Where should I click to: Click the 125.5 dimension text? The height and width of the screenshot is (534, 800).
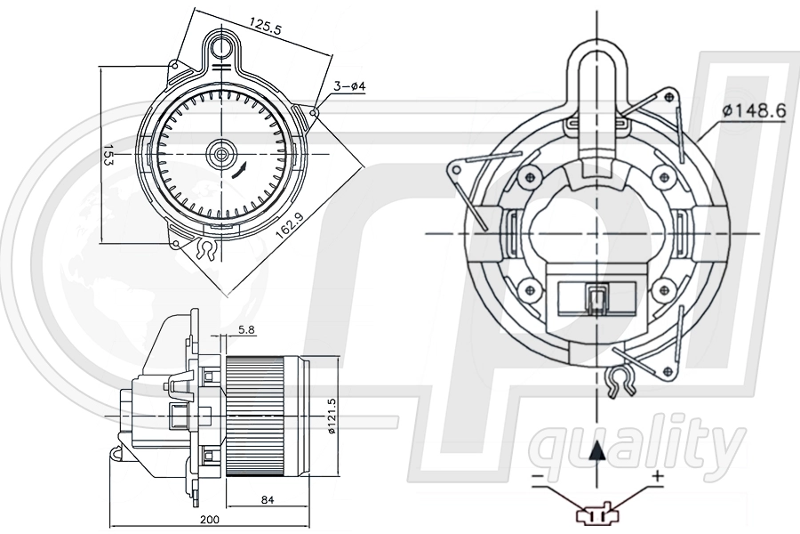coord(265,28)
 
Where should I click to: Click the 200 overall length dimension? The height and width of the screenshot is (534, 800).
coord(210,520)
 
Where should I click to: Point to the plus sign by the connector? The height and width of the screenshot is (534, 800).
coord(657,477)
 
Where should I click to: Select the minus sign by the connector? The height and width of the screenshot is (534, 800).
coord(537,478)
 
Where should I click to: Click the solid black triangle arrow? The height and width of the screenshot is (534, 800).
coord(598,451)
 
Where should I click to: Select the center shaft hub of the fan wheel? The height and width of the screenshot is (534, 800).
coord(219,155)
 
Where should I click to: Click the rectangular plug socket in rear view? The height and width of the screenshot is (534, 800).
coord(596,299)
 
